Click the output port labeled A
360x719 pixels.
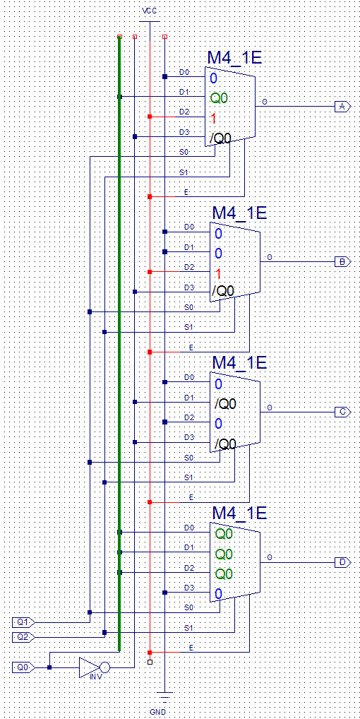point(342,107)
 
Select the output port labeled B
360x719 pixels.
point(342,262)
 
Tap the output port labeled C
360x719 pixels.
point(342,412)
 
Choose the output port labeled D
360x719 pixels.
point(342,562)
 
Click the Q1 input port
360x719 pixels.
point(23,622)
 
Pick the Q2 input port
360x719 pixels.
point(23,637)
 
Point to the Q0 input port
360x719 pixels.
point(23,667)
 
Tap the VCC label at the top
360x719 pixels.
point(150,10)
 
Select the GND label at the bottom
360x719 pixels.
point(157,711)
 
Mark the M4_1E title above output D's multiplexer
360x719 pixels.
point(239,513)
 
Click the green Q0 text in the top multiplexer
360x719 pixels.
point(219,97)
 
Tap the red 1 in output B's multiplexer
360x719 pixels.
point(218,274)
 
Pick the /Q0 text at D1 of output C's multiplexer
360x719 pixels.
point(225,404)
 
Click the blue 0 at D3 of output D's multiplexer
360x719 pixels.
point(219,594)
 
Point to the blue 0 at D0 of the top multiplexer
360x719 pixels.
point(213,78)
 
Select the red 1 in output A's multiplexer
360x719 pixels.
point(213,119)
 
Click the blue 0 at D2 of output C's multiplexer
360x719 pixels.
point(219,423)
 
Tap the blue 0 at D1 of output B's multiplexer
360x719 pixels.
point(219,254)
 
